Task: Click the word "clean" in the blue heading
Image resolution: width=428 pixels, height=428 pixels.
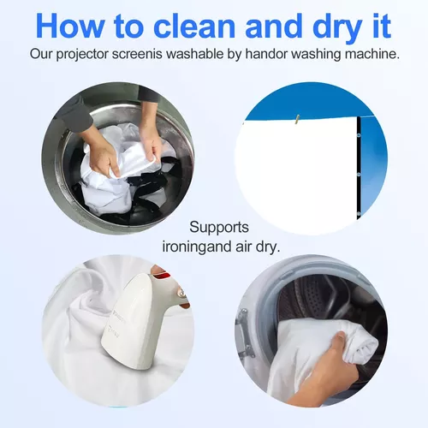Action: pos(194,26)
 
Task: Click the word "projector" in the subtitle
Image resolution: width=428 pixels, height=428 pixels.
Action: pos(82,54)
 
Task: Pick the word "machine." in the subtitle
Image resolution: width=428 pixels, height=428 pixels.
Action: pos(372,54)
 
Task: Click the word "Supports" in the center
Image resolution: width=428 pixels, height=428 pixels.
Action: pos(219,228)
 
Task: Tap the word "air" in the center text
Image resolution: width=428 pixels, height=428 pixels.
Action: pos(244,247)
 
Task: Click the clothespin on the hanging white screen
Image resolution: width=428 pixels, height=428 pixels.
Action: pos(297,119)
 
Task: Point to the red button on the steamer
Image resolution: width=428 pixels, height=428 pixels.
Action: pos(163,276)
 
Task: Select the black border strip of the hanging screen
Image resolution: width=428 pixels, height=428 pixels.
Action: pos(359,168)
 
